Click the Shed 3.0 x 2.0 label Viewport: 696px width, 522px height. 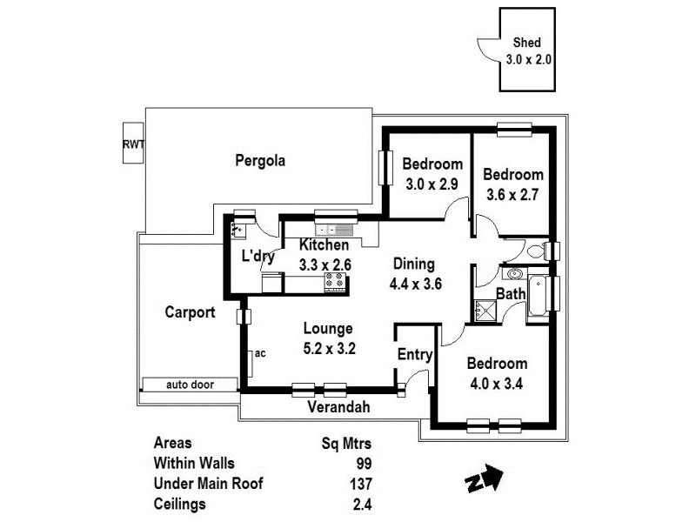[x=529, y=51]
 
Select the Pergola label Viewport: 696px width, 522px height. [x=260, y=160]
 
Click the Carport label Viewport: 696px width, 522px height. [x=190, y=312]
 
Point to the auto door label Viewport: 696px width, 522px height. [x=190, y=385]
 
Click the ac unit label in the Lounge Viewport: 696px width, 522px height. [x=260, y=353]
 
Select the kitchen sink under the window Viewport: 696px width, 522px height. [x=335, y=230]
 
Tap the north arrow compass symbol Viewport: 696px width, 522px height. [x=484, y=478]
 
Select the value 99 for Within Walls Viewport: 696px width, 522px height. [x=364, y=463]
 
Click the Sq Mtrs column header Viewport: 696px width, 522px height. [x=347, y=442]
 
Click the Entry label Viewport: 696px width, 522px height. [x=415, y=354]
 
